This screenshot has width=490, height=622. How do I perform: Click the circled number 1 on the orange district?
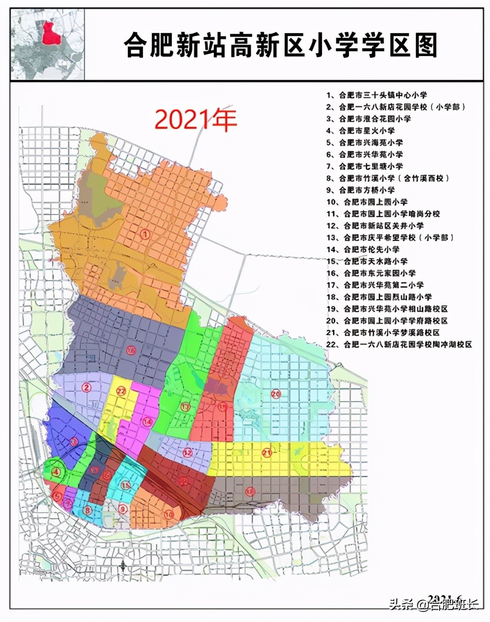[145, 234]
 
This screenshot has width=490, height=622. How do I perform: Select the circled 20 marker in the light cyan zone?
[276, 394]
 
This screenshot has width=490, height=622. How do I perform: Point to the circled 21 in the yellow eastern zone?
[267, 453]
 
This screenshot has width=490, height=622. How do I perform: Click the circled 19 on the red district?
[223, 407]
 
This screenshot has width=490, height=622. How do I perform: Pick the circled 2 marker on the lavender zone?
[87, 387]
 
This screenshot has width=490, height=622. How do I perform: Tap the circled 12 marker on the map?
[188, 452]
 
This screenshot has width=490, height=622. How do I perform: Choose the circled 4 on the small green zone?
[57, 472]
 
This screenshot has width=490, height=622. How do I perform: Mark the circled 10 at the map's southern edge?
[168, 514]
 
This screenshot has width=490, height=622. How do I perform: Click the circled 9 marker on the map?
[122, 509]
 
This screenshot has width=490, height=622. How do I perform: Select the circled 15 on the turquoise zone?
[125, 485]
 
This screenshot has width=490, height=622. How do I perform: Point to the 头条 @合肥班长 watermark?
[434, 604]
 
